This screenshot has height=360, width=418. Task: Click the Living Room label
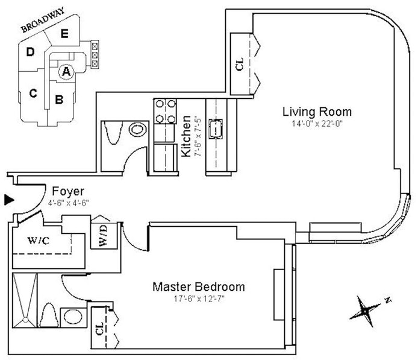coord(317,112)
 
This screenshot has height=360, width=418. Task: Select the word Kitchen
coord(187,136)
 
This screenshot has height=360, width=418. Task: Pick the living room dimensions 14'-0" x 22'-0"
coord(317,124)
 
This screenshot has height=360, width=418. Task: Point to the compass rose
coord(366,308)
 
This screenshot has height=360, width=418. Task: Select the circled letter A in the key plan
coord(66,72)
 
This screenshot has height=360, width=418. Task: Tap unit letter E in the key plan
coord(64,34)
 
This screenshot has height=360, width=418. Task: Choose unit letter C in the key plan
coord(34,93)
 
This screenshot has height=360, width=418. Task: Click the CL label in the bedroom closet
coord(99,330)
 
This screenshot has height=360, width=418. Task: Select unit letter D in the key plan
coord(30,52)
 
